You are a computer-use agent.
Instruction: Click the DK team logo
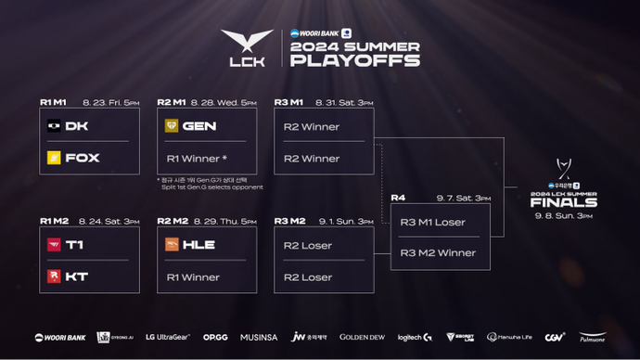[x=54, y=125]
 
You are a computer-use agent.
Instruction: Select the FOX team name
[x=83, y=158]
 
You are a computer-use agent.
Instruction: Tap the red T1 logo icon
[x=54, y=245]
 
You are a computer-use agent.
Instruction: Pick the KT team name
[x=76, y=277]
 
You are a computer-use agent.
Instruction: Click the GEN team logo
[x=172, y=125]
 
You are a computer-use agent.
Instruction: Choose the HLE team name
[x=199, y=245]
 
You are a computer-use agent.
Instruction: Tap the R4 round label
[x=398, y=198]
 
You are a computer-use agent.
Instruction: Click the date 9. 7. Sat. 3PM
[x=464, y=198]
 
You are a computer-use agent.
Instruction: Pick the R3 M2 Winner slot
[x=438, y=252]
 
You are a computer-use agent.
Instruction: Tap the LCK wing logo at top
[x=248, y=43]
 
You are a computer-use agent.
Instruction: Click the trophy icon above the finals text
[x=562, y=167]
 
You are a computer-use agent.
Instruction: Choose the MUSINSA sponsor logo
[x=257, y=337]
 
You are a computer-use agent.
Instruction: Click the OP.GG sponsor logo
[x=215, y=337]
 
